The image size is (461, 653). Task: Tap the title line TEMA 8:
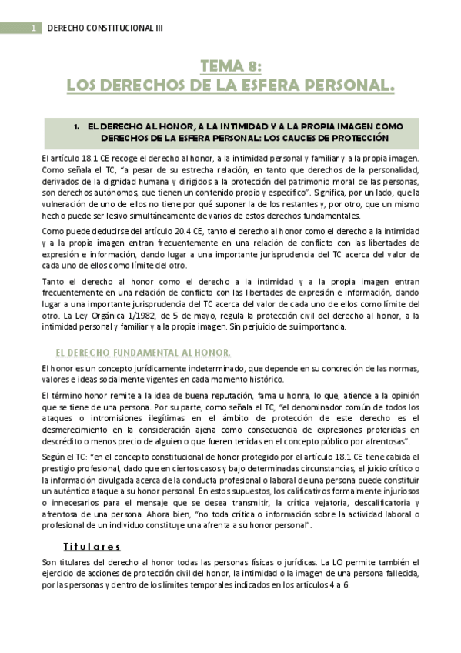[230, 68]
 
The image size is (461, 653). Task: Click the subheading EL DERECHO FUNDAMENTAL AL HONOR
[143, 352]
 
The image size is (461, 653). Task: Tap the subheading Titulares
[92, 546]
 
